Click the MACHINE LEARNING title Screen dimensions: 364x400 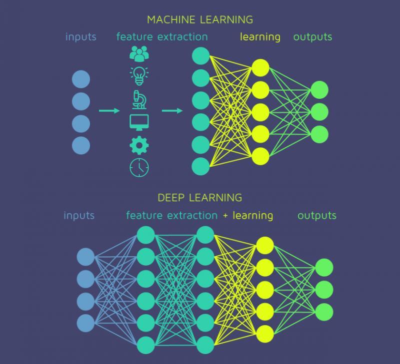click(x=200, y=20)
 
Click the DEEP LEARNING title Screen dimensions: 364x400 click(x=200, y=197)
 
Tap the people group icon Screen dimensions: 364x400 click(x=139, y=53)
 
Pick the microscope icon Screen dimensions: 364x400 click(x=139, y=99)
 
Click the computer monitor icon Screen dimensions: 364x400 click(x=139, y=122)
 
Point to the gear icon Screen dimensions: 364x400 click(x=139, y=145)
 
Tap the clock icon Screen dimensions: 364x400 click(x=139, y=167)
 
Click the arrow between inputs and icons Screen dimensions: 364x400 click(x=109, y=111)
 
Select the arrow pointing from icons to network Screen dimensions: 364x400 click(x=172, y=111)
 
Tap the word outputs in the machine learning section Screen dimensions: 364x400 click(x=312, y=37)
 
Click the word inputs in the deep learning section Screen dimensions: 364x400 click(x=79, y=216)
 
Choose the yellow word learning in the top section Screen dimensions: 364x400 click(x=260, y=37)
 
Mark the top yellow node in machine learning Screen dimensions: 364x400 click(x=260, y=67)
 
